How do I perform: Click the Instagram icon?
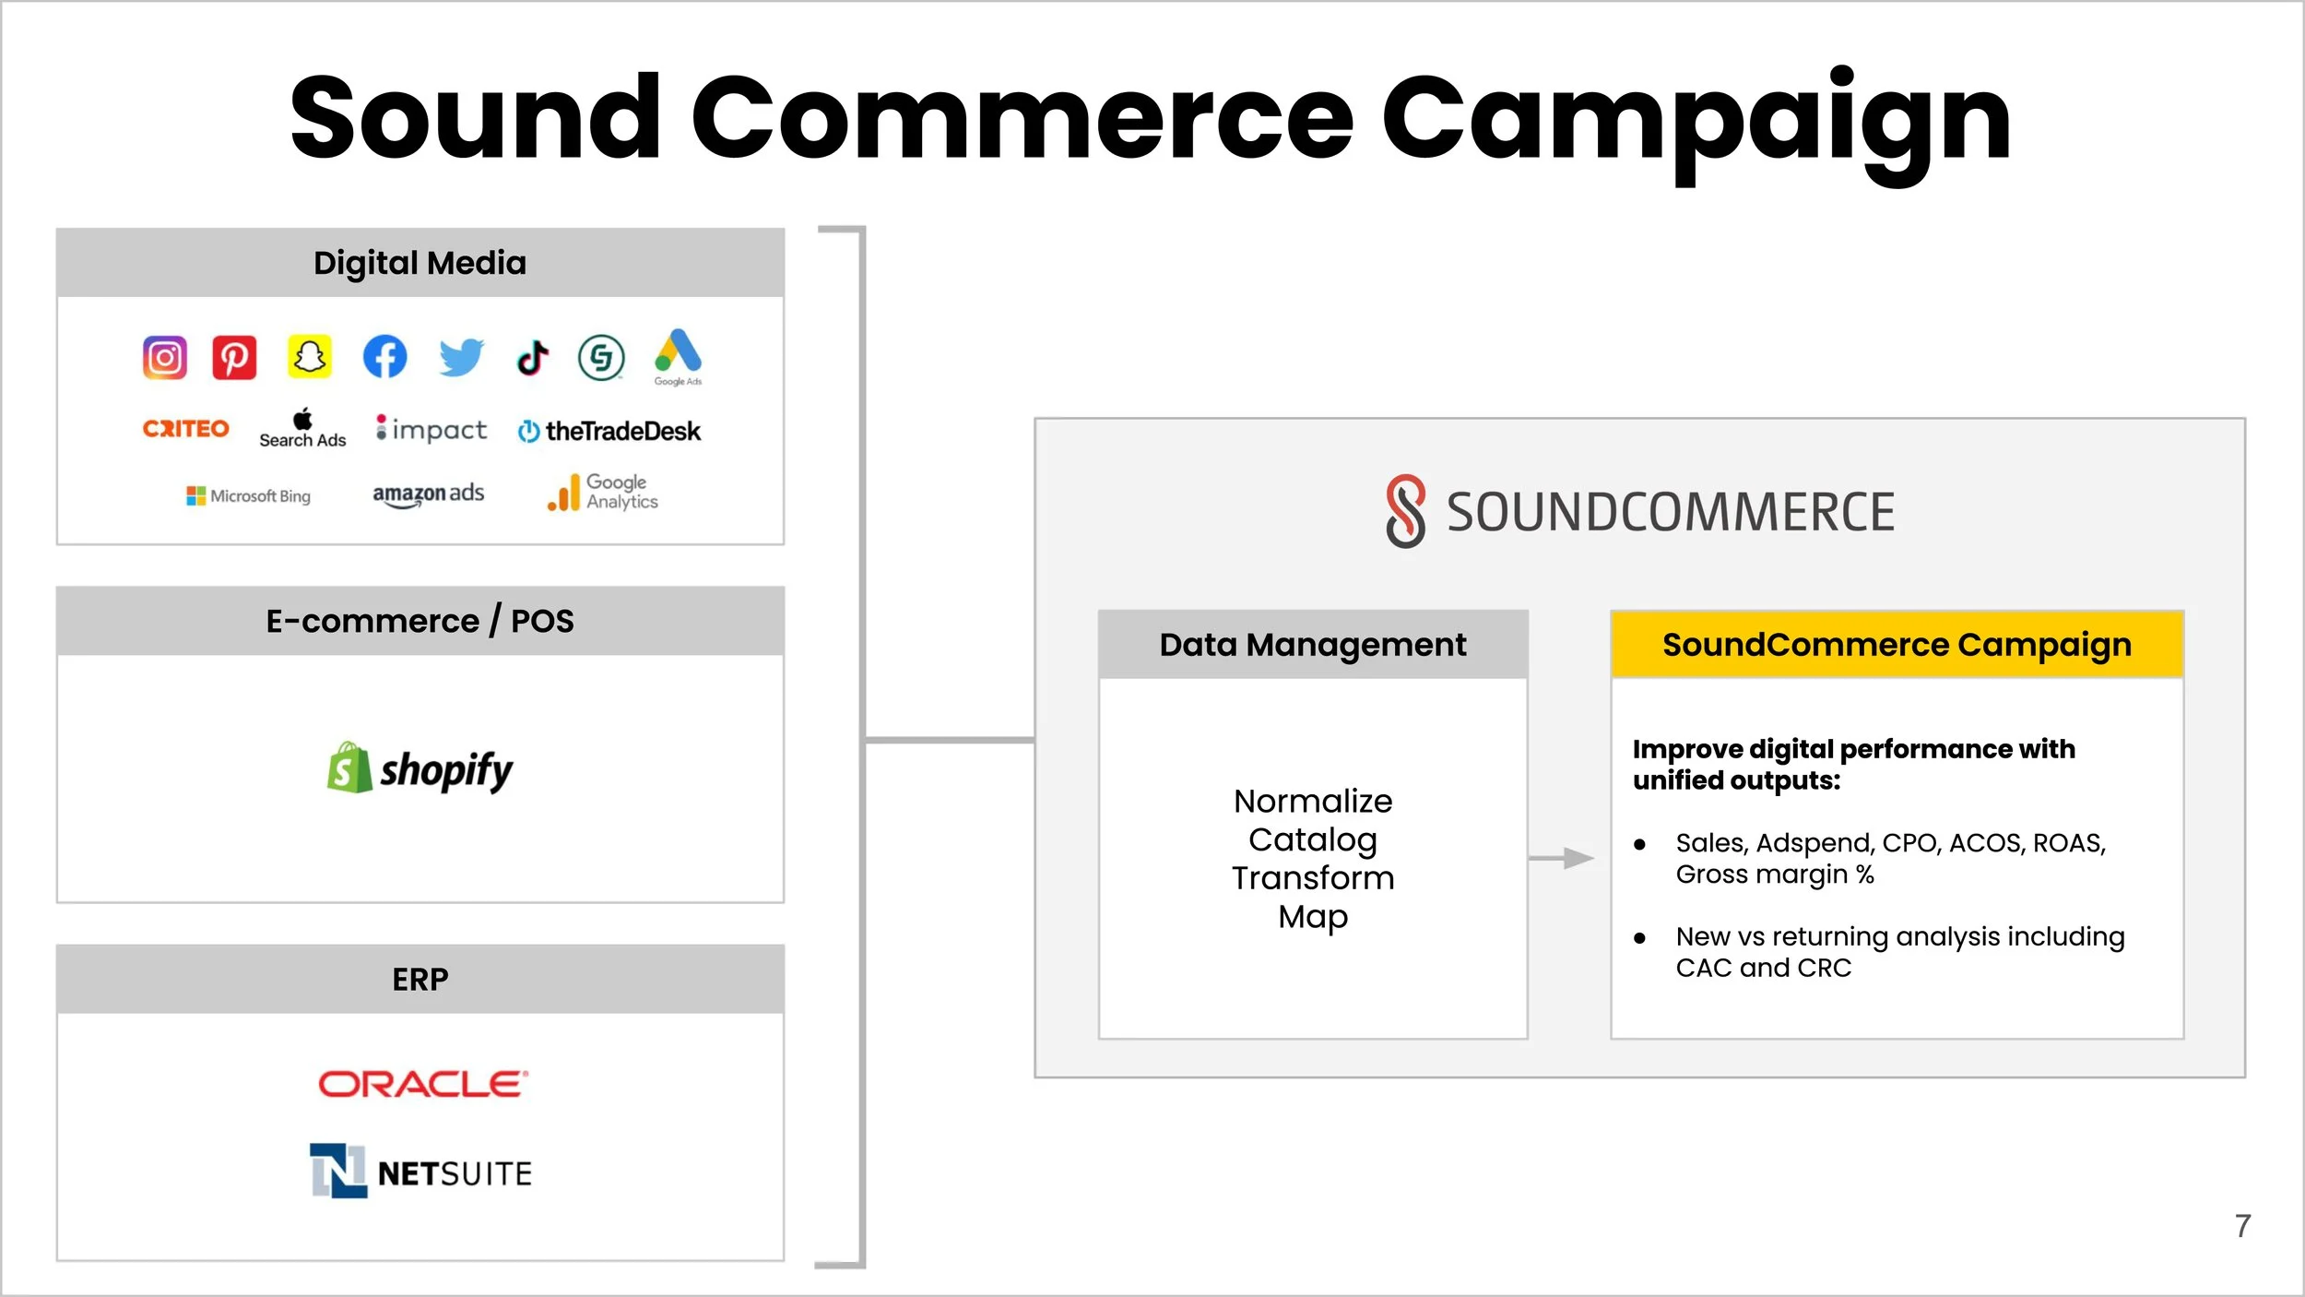pos(165,357)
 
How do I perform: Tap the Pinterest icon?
pos(234,357)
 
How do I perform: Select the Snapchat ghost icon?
pos(309,356)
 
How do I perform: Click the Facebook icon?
pos(384,356)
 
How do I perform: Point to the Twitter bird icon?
pos(461,357)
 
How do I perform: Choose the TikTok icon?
pos(533,357)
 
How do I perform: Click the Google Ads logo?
pos(678,356)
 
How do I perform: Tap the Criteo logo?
pos(185,429)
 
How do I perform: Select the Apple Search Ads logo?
pos(302,430)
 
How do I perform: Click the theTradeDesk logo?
pos(609,431)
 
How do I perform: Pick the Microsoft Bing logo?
pos(248,496)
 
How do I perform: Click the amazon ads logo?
pos(428,494)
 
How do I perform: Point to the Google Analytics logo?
pos(603,493)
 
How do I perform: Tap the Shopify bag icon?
pos(349,767)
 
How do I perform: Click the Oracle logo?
pos(423,1084)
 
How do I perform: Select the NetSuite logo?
pos(421,1172)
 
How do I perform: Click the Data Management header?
pos(1312,645)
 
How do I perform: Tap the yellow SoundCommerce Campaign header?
pos(1897,645)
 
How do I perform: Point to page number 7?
pos(2242,1226)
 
